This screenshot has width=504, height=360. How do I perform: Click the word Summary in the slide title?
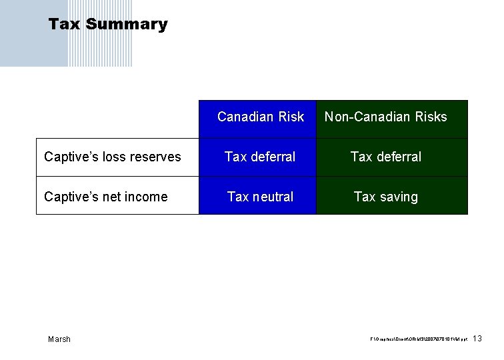[x=127, y=25]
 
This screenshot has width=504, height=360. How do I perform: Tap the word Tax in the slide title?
[x=64, y=25]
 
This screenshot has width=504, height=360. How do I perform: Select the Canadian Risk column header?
[x=260, y=117]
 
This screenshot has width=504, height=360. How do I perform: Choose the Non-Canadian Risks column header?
[x=385, y=117]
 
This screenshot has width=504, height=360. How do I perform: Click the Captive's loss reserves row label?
[x=112, y=157]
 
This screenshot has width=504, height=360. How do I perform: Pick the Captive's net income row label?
[x=105, y=197]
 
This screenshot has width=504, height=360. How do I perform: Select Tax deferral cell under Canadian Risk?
[x=260, y=157]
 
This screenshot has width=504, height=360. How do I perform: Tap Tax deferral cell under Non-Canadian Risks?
[x=385, y=157]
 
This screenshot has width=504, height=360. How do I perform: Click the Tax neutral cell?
[x=260, y=197]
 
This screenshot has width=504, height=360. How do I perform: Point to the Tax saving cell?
[x=385, y=197]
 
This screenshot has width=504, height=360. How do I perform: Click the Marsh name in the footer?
[x=59, y=339]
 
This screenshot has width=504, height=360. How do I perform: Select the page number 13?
[x=477, y=339]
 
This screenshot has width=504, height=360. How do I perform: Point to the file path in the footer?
[x=418, y=340]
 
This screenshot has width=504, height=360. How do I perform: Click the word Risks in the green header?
[x=431, y=117]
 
